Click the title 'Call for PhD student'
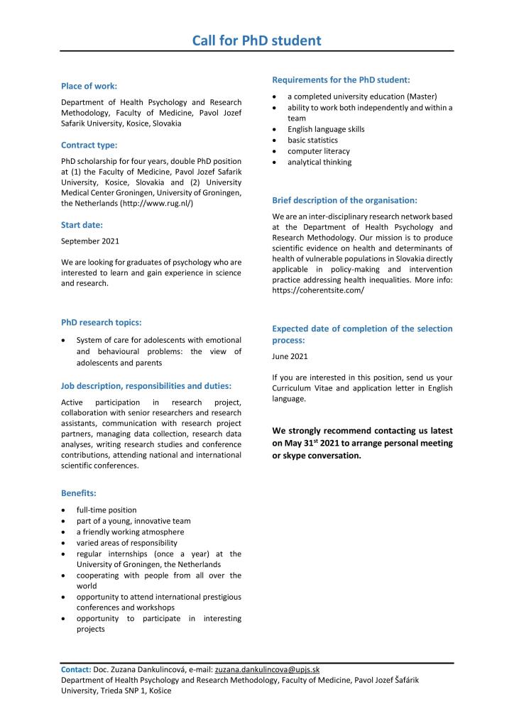[x=256, y=40]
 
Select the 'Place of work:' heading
[x=89, y=86]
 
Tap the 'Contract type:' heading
[x=89, y=145]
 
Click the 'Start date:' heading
[x=82, y=225]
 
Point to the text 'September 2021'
[x=90, y=241]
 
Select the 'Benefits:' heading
[x=79, y=493]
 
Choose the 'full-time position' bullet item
[x=106, y=510]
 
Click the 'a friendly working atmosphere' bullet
[x=130, y=532]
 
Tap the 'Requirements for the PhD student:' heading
[x=341, y=79]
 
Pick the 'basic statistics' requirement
[x=312, y=141]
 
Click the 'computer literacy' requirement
[x=319, y=151]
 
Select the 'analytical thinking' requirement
[x=319, y=162]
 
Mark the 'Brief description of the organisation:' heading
[x=344, y=200]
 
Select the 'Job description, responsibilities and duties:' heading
[x=146, y=387]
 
